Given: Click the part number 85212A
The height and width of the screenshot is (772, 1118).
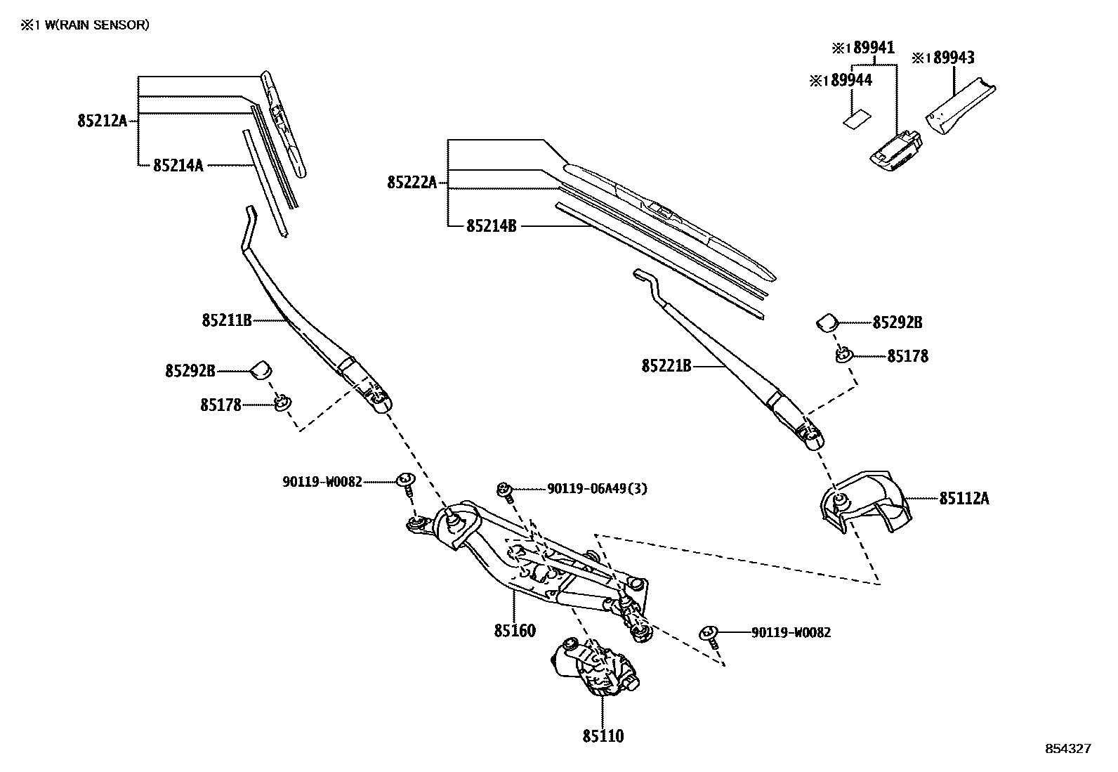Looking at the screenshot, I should [102, 121].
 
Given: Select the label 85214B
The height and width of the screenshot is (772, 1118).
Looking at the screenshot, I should [491, 226].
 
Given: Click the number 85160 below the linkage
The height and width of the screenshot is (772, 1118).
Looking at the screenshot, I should [514, 630].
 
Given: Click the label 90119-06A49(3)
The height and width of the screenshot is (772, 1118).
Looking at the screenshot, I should [597, 488].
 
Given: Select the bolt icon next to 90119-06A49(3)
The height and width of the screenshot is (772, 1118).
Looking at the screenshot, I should [504, 489].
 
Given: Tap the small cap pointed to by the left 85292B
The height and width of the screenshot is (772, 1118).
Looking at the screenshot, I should [262, 369].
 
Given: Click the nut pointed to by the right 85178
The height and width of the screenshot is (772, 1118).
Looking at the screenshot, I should [842, 355].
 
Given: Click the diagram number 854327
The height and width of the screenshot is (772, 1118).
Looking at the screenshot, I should [1068, 749].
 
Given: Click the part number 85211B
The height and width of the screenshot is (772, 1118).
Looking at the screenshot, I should [226, 320].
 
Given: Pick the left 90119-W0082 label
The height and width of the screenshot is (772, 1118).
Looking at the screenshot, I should [322, 482].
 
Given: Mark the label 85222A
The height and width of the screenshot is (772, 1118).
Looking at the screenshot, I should [412, 183].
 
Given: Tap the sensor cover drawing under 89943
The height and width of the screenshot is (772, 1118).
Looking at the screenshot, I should [960, 107].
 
